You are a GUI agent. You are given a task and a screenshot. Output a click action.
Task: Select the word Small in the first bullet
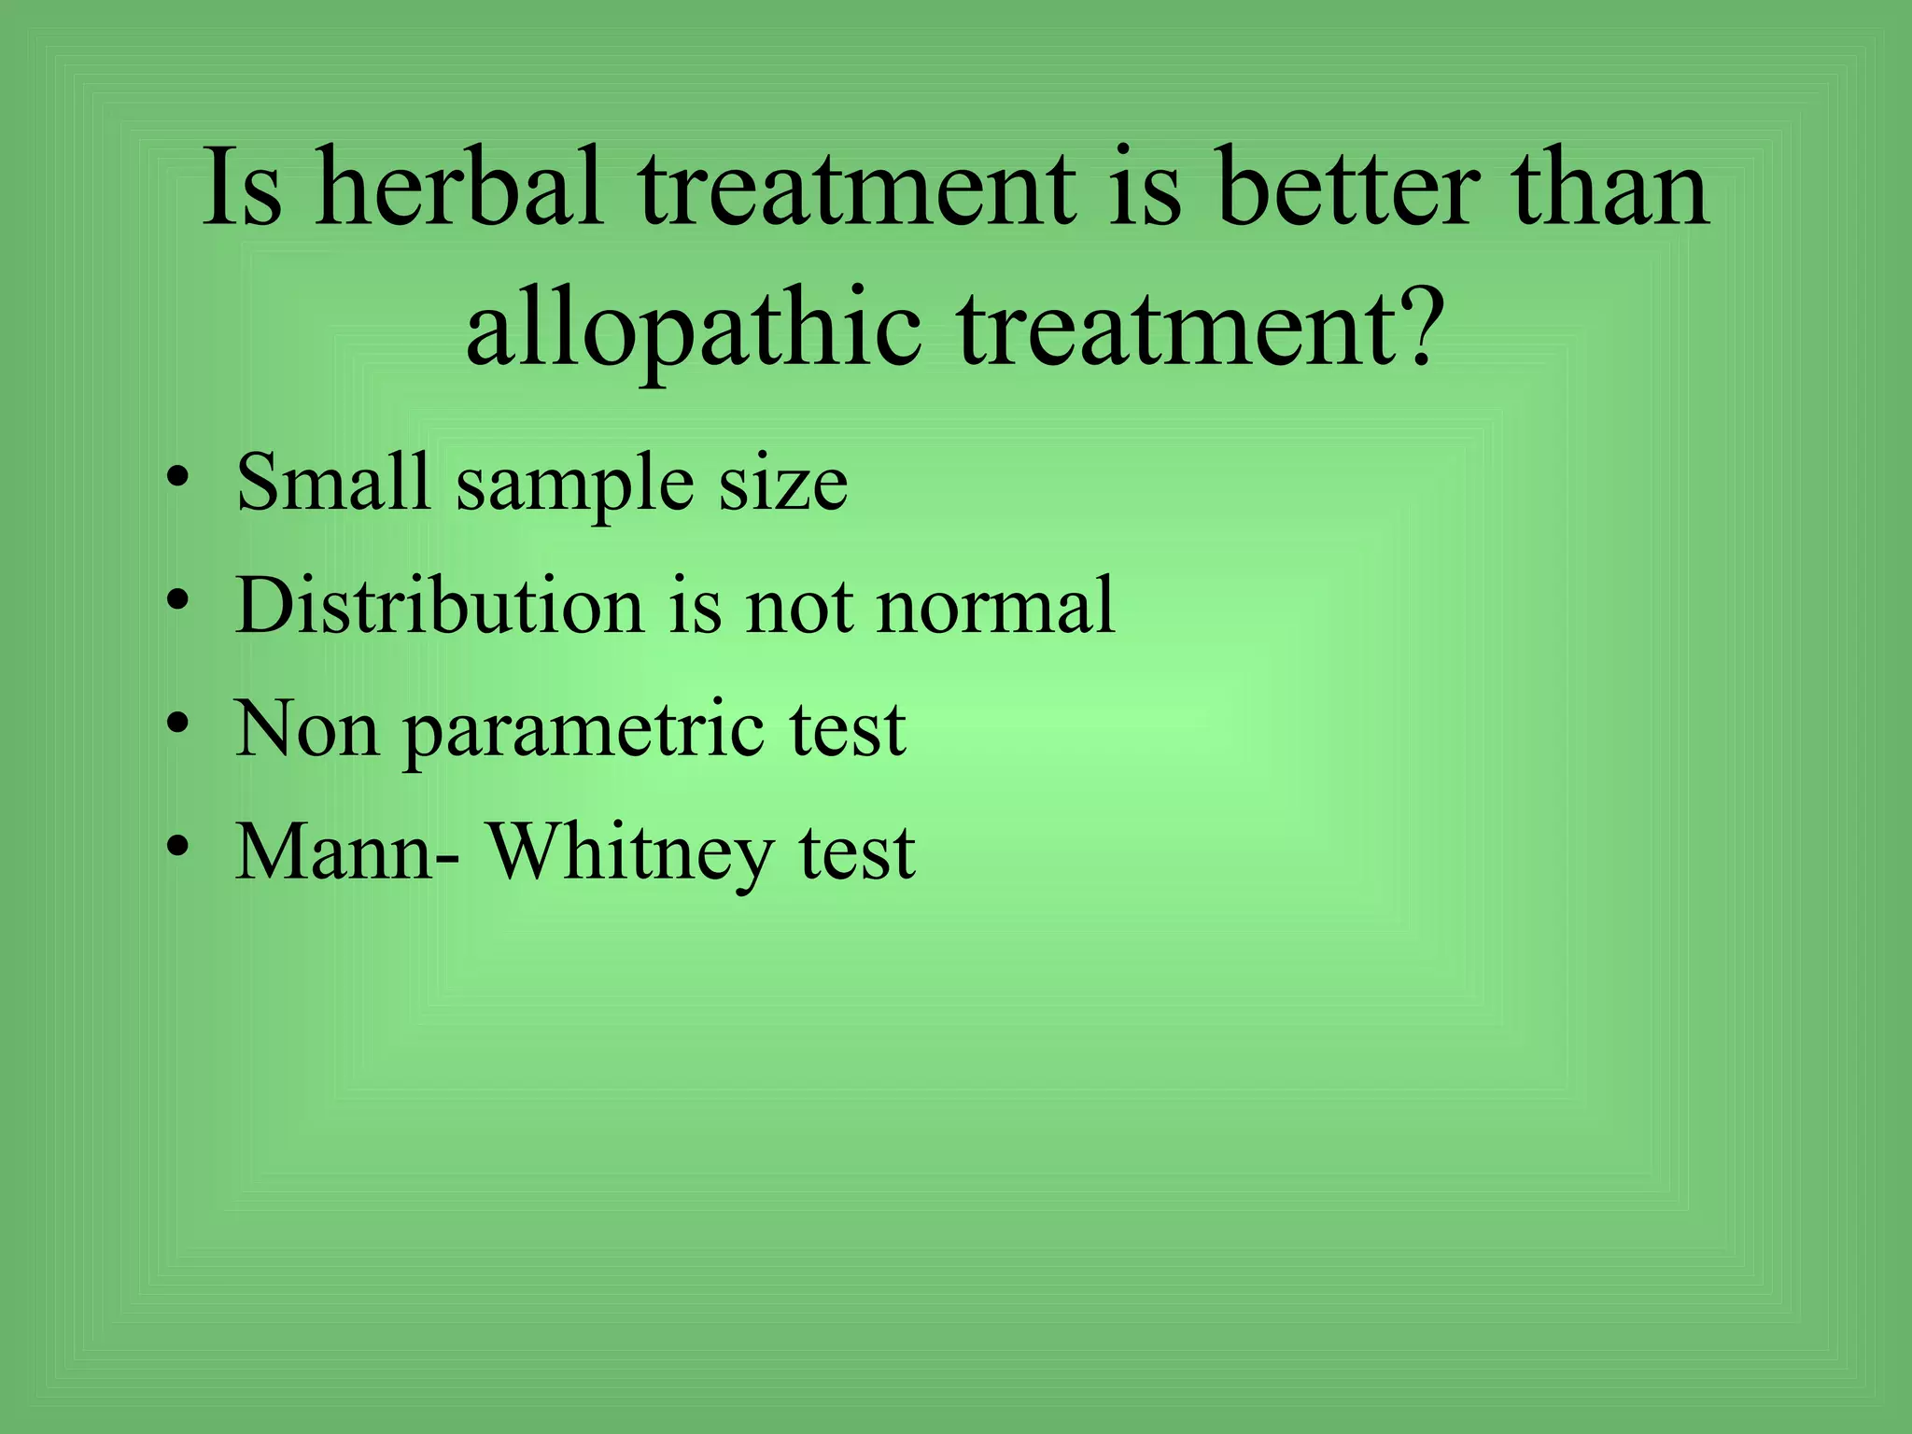(x=331, y=482)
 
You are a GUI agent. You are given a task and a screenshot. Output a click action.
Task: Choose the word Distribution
(x=439, y=605)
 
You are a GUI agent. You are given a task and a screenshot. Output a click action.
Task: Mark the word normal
(x=996, y=605)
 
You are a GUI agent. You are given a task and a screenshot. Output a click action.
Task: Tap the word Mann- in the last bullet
(x=346, y=851)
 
